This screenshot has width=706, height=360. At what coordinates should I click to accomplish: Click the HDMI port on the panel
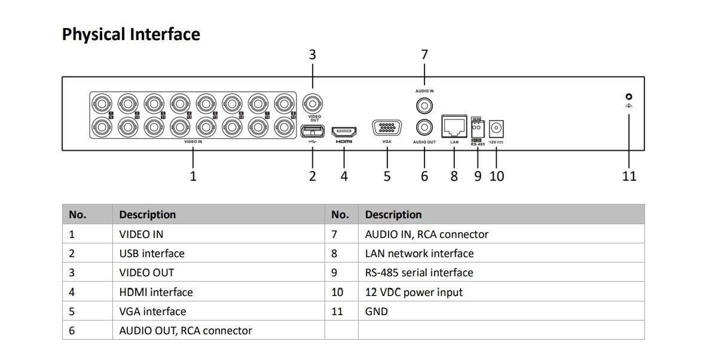coord(344,131)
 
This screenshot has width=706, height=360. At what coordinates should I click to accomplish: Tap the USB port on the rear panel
coord(312,131)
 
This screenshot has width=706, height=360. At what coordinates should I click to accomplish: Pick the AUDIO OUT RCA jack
coord(424,127)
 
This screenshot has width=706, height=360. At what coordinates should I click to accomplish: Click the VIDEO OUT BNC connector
coord(312,102)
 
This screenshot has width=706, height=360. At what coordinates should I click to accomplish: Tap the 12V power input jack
coord(496,129)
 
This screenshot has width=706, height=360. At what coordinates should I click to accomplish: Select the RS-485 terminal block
coord(477,127)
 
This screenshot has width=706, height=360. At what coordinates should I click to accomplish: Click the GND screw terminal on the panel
coord(628,97)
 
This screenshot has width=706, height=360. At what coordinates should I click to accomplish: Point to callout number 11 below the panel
coord(629,176)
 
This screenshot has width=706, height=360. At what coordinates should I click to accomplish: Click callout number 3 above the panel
coord(312,54)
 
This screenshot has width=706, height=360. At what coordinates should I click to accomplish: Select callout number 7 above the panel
coord(424,54)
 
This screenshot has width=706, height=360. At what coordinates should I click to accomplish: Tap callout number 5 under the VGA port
coord(387,176)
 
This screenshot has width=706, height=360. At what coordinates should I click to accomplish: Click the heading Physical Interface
coord(131,34)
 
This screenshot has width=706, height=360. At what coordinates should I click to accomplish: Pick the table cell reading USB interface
coord(152,254)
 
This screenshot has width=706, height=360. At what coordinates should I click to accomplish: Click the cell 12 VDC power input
coord(414,292)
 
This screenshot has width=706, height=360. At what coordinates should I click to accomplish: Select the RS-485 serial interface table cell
coord(419,273)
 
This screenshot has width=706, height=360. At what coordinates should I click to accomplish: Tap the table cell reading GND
coord(377,312)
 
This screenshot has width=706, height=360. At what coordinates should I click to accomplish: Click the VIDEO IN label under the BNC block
coord(193,142)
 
